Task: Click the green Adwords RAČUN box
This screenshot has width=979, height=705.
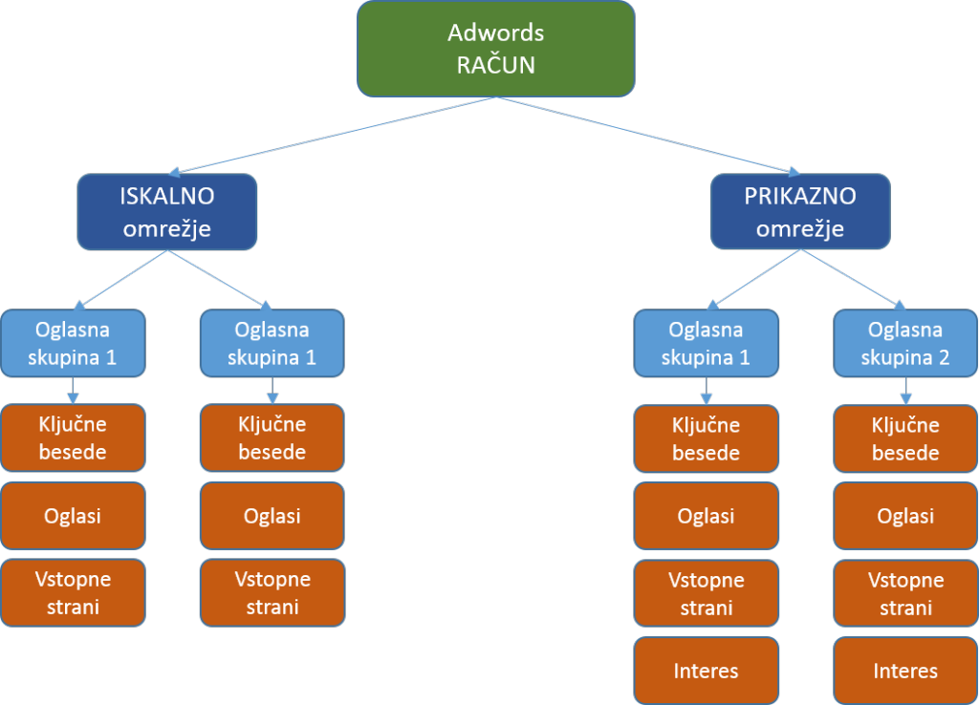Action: pyautogui.click(x=495, y=48)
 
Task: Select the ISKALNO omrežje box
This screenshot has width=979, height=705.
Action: pyautogui.click(x=167, y=212)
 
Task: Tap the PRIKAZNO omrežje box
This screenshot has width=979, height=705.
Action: pyautogui.click(x=800, y=212)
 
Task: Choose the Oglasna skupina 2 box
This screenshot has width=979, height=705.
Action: pyautogui.click(x=905, y=343)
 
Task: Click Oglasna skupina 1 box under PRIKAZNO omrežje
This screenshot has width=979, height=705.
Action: pyautogui.click(x=706, y=343)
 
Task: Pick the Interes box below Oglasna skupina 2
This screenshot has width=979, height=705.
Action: pyautogui.click(x=905, y=671)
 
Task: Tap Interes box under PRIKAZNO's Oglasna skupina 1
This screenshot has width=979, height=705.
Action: pyautogui.click(x=706, y=671)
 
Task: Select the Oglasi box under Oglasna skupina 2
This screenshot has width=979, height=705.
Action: pyautogui.click(x=905, y=516)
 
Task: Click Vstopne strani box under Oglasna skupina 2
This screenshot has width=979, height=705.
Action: pyautogui.click(x=905, y=592)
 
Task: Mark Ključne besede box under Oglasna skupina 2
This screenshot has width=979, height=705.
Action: pyautogui.click(x=905, y=438)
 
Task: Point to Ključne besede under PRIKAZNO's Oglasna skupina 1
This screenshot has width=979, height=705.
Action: pyautogui.click(x=706, y=438)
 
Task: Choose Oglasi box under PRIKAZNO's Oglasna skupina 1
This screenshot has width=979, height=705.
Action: pyautogui.click(x=706, y=516)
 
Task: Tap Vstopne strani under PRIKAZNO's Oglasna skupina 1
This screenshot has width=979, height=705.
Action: pyautogui.click(x=706, y=592)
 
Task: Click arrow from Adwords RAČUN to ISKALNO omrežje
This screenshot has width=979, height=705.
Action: pyautogui.click(x=335, y=135)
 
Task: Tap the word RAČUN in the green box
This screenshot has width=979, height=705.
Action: pyautogui.click(x=495, y=66)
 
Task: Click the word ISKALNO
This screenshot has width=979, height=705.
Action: pyautogui.click(x=167, y=196)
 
